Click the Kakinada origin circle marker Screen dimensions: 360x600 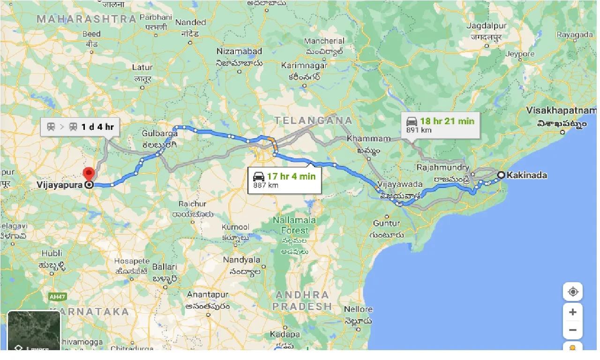point(501,175)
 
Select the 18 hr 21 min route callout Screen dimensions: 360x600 point(441,125)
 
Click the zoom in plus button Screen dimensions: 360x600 point(572,312)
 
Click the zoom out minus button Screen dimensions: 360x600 point(572,330)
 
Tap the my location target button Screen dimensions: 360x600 point(572,292)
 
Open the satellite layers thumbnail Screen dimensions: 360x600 point(34,330)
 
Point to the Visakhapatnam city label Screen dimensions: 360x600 point(561,111)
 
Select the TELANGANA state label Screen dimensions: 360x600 point(313,120)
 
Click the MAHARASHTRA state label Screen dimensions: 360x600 point(87,19)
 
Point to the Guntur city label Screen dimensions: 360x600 point(386,224)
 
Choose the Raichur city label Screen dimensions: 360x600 point(192,204)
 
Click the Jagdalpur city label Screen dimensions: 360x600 point(487,26)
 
